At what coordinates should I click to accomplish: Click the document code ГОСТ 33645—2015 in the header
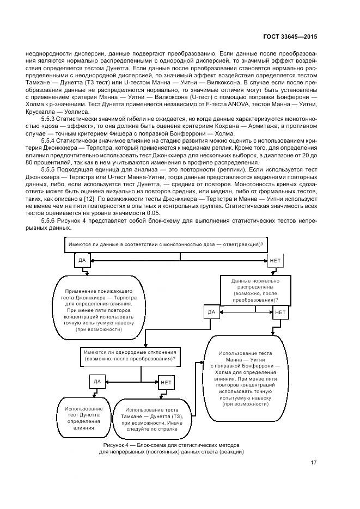(x=290, y=36)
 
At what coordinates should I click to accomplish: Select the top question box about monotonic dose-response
(x=166, y=244)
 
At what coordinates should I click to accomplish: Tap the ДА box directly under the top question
(x=82, y=261)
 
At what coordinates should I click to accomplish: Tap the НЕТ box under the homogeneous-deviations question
(x=166, y=382)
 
